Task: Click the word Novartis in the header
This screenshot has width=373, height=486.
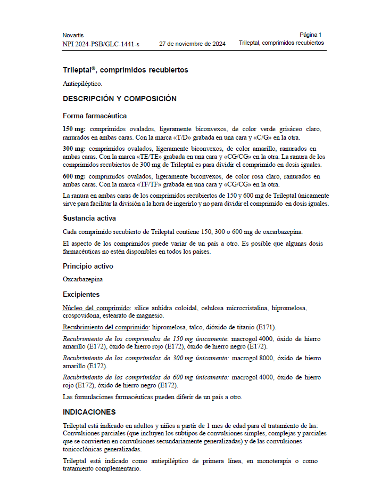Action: point(73,35)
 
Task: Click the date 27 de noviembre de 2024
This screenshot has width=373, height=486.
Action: point(193,44)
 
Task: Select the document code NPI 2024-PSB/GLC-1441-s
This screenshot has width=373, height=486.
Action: point(101,44)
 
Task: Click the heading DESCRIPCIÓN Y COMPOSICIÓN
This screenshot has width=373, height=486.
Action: point(120,99)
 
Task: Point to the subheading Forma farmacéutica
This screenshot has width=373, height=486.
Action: point(95,116)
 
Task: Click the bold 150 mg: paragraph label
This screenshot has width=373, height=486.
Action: point(74,129)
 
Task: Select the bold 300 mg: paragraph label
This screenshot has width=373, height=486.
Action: point(74,149)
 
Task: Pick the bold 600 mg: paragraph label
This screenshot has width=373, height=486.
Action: point(74,176)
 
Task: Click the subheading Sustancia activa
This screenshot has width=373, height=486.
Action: point(89,218)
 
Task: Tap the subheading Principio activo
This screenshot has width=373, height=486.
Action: point(88,266)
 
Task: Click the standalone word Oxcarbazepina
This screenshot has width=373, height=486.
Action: point(82,279)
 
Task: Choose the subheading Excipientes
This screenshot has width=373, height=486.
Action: point(81,294)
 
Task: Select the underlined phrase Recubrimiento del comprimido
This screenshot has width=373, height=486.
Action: point(105,327)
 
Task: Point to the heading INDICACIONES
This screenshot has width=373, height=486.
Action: point(89,412)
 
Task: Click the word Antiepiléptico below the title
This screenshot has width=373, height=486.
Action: point(82,84)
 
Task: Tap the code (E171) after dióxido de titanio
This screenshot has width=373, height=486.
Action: point(264,327)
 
